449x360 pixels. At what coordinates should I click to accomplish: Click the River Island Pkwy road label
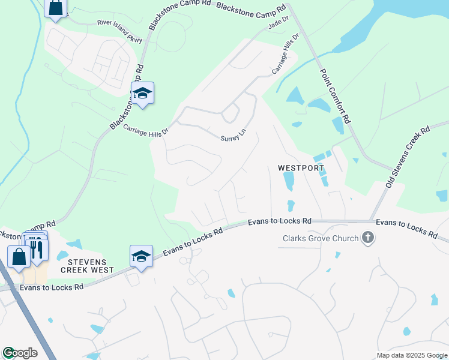(120, 32)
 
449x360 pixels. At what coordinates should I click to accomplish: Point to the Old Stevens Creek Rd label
(408, 156)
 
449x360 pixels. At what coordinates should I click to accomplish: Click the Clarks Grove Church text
(320, 239)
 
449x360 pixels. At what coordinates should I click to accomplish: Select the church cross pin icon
(368, 238)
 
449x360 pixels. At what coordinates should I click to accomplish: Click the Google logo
(20, 353)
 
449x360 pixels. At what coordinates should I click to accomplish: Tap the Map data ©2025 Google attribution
(412, 355)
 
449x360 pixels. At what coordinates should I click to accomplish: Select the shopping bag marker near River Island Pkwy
(55, 8)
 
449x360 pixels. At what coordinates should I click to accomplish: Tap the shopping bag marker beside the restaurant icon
(19, 256)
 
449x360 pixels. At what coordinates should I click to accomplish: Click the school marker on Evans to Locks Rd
(141, 256)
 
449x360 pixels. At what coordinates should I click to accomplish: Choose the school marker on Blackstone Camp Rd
(142, 94)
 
